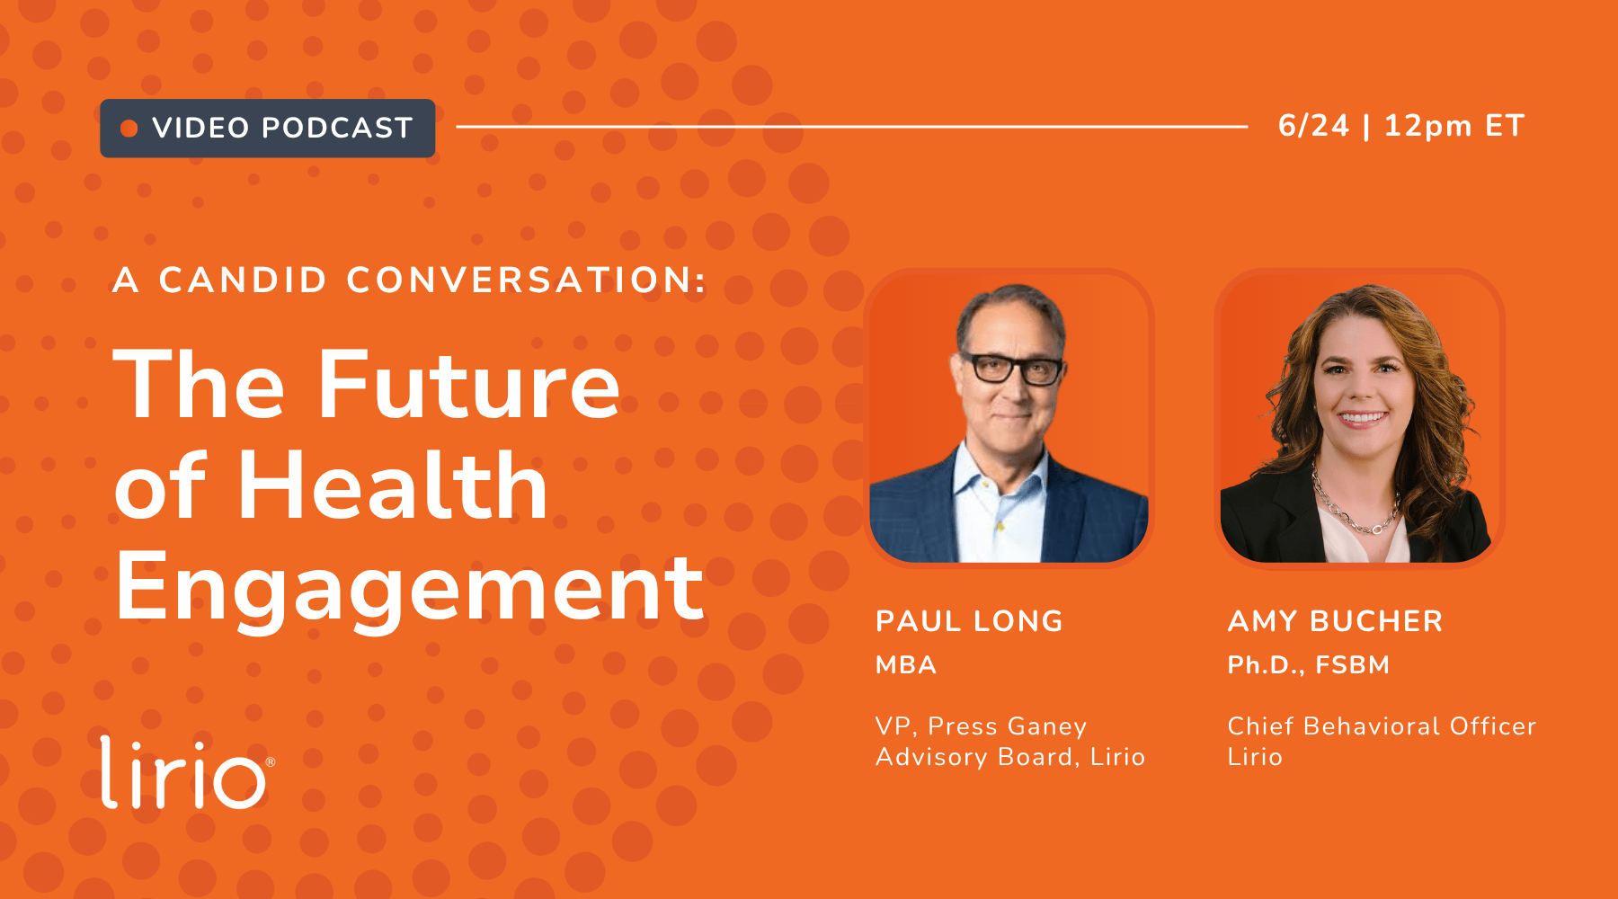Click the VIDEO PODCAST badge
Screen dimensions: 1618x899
[267, 128]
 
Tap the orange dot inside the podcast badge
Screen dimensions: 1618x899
[129, 129]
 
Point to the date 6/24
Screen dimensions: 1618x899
[1313, 126]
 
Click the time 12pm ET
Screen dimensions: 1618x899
[1454, 126]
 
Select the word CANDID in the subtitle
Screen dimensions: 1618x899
[243, 280]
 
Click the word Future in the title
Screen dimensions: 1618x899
[469, 385]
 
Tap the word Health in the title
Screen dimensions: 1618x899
[393, 485]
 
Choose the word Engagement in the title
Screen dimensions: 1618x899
[409, 589]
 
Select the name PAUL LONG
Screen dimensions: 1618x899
[969, 621]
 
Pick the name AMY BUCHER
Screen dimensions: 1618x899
[1335, 621]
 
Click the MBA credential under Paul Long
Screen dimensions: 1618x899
[906, 665]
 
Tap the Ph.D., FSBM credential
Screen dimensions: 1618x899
[1309, 665]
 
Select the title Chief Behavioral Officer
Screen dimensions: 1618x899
[1382, 726]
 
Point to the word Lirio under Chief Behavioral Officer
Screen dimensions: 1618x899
[1255, 757]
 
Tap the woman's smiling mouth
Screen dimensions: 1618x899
[1363, 417]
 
